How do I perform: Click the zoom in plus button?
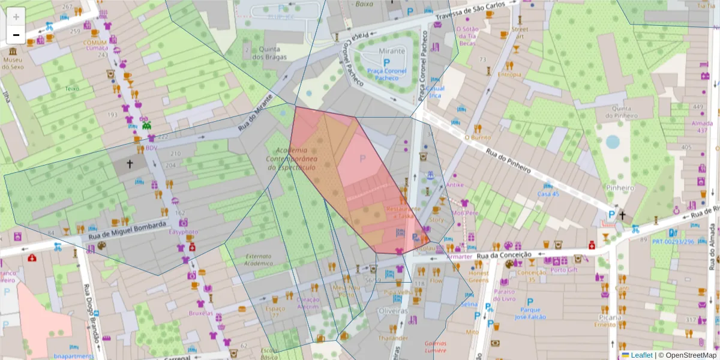(x=16, y=17)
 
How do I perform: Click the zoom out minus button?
(x=16, y=35)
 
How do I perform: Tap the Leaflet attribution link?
(x=641, y=355)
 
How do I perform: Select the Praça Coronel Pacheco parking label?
(x=383, y=74)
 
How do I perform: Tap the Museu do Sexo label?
(x=13, y=64)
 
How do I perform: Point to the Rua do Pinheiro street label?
(x=508, y=161)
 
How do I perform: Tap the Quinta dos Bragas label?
(x=269, y=53)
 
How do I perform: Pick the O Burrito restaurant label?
(x=478, y=137)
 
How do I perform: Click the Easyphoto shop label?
(x=183, y=232)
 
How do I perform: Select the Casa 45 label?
(x=547, y=194)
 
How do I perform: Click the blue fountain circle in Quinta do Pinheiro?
(x=613, y=142)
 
